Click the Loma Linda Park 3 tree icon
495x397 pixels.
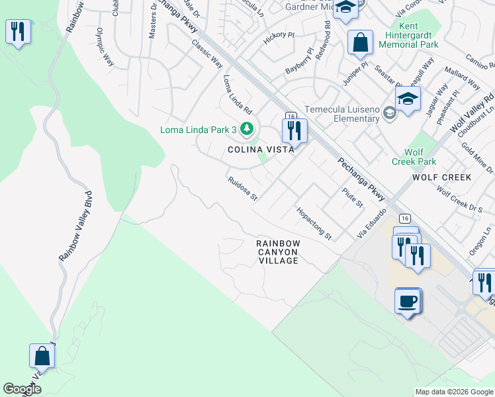tap(247, 128)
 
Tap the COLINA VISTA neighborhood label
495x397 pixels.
tap(261, 150)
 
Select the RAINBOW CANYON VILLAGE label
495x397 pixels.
tap(279, 252)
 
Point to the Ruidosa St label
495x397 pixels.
tap(242, 189)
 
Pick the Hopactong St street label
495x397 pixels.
tap(314, 223)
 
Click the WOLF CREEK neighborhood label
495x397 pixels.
tap(441, 177)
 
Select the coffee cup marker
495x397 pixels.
tap(408, 301)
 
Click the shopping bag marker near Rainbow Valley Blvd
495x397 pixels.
tap(42, 356)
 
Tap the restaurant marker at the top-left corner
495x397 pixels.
tap(18, 31)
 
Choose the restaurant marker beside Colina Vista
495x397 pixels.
tap(294, 130)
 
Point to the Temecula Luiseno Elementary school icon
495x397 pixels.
tap(390, 114)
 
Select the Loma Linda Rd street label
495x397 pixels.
tap(238, 93)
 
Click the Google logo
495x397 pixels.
tap(22, 389)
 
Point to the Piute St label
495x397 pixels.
tap(353, 197)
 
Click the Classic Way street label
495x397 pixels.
tap(207, 54)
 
